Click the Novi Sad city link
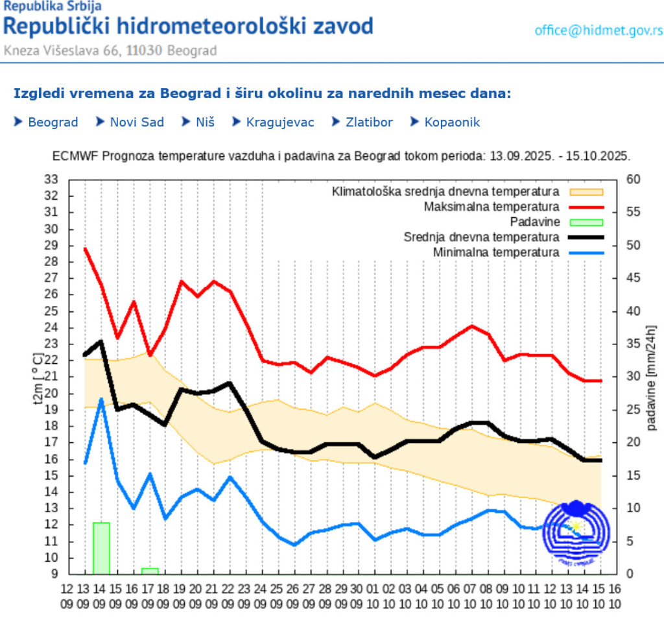136,122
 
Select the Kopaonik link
452,122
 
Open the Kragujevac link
279,122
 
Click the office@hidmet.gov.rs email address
598,30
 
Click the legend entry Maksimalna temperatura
492,207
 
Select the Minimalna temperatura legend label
496,252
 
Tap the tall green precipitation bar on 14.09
101,548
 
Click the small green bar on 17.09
150,571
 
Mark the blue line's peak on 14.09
101,399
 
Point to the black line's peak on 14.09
101,342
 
